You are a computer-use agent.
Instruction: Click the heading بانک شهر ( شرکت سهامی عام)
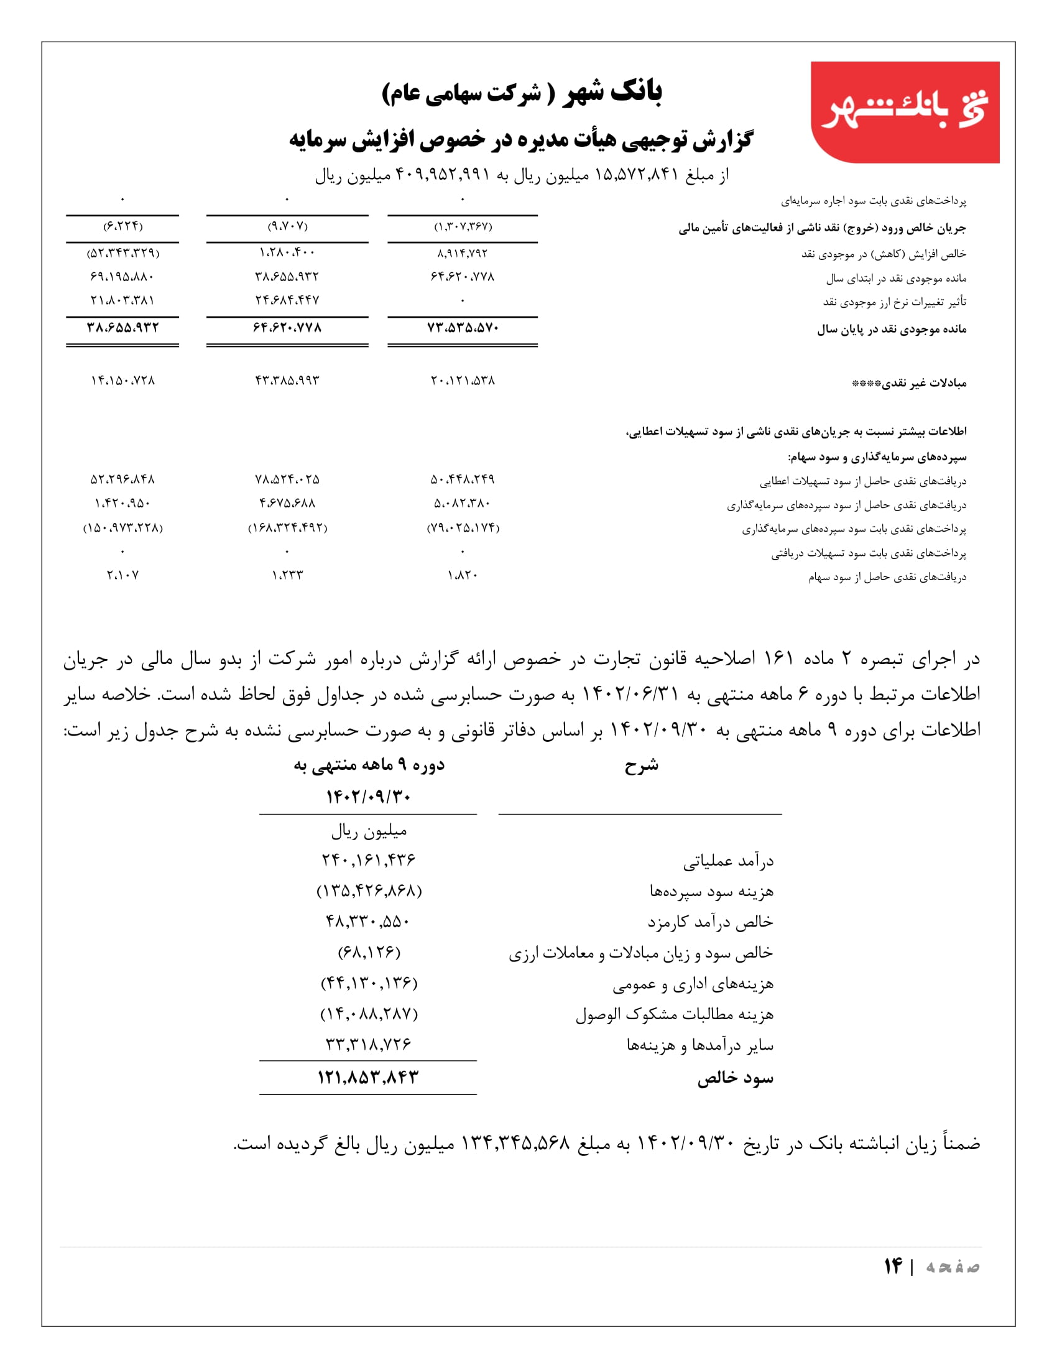pyautogui.click(x=522, y=93)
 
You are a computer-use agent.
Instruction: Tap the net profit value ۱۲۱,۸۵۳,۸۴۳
pyautogui.click(x=367, y=1078)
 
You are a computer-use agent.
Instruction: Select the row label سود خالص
pyautogui.click(x=735, y=1078)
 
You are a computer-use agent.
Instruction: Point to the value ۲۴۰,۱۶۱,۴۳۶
pyautogui.click(x=368, y=860)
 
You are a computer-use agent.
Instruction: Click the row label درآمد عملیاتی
pyautogui.click(x=728, y=861)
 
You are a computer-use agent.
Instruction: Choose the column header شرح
pyautogui.click(x=640, y=765)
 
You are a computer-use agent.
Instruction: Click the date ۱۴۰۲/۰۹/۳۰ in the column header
pyautogui.click(x=368, y=796)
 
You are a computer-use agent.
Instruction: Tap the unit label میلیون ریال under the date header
pyautogui.click(x=369, y=831)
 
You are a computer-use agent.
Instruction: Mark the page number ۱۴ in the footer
pyautogui.click(x=893, y=1266)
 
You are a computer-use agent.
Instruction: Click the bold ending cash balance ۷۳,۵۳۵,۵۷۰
pyautogui.click(x=462, y=328)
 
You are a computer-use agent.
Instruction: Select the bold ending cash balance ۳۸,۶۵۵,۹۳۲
pyautogui.click(x=122, y=328)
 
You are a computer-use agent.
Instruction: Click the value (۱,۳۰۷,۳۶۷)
pyautogui.click(x=463, y=226)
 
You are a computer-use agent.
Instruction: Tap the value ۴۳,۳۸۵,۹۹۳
pyautogui.click(x=287, y=380)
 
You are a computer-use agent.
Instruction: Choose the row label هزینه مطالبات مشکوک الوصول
pyautogui.click(x=675, y=1014)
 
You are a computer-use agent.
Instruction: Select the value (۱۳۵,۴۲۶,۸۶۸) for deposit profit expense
pyautogui.click(x=369, y=890)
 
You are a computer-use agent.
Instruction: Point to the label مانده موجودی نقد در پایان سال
pyautogui.click(x=891, y=329)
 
